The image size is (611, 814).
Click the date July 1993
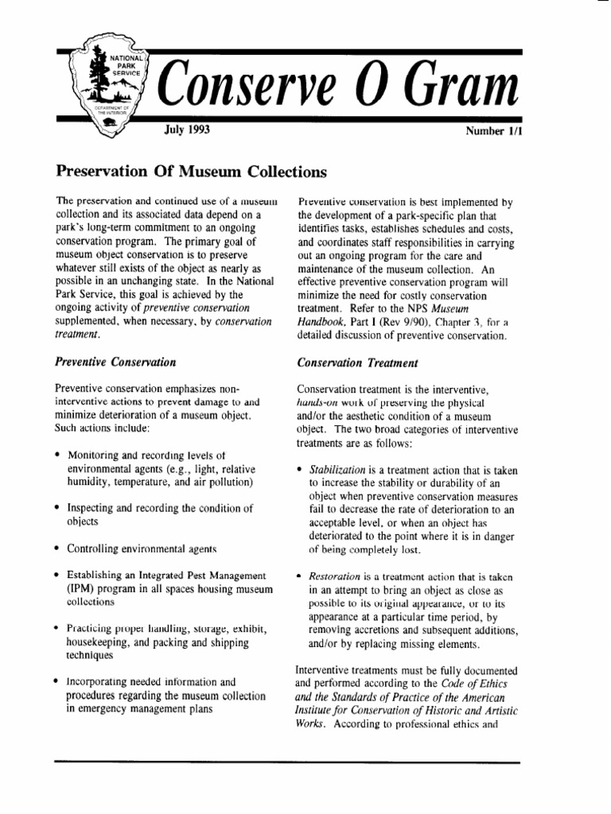(x=187, y=129)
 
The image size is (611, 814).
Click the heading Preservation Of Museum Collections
(x=191, y=171)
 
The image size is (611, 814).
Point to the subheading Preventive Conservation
(x=115, y=362)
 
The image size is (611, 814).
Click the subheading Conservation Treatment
(x=357, y=362)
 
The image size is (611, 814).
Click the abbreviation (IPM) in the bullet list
(x=80, y=589)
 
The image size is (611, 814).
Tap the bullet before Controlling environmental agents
(x=58, y=548)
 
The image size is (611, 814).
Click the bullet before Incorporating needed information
(x=58, y=682)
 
